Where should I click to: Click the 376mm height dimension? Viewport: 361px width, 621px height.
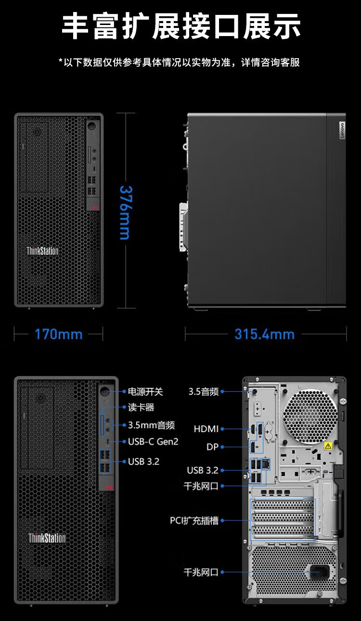pos(126,212)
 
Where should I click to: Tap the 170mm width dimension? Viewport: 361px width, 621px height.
pos(59,334)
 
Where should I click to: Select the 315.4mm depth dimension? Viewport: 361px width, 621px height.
pos(264,334)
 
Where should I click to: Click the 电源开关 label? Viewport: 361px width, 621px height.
pos(145,392)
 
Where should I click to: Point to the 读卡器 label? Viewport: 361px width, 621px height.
pos(141,407)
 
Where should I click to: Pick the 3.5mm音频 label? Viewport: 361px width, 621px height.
pos(151,425)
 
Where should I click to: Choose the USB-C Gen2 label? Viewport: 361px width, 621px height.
pos(153,442)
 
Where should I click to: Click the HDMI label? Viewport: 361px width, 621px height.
pos(206,429)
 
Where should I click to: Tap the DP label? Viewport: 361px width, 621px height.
pos(212,447)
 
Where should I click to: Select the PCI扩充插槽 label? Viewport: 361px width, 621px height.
pos(194,521)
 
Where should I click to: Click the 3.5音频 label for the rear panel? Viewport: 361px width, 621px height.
pos(204,391)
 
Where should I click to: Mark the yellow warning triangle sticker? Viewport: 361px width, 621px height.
pos(328,446)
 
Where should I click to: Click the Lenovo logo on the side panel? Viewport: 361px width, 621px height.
pos(342,130)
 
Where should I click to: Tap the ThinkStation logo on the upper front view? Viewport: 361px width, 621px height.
pos(42,251)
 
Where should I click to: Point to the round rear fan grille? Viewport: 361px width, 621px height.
pos(310,416)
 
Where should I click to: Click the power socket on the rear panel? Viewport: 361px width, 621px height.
pos(320,572)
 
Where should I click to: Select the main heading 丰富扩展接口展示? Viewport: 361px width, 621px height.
pos(181,26)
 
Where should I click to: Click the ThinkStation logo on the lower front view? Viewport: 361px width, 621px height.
pos(47,538)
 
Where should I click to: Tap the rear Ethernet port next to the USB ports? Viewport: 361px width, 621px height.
pos(266,463)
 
